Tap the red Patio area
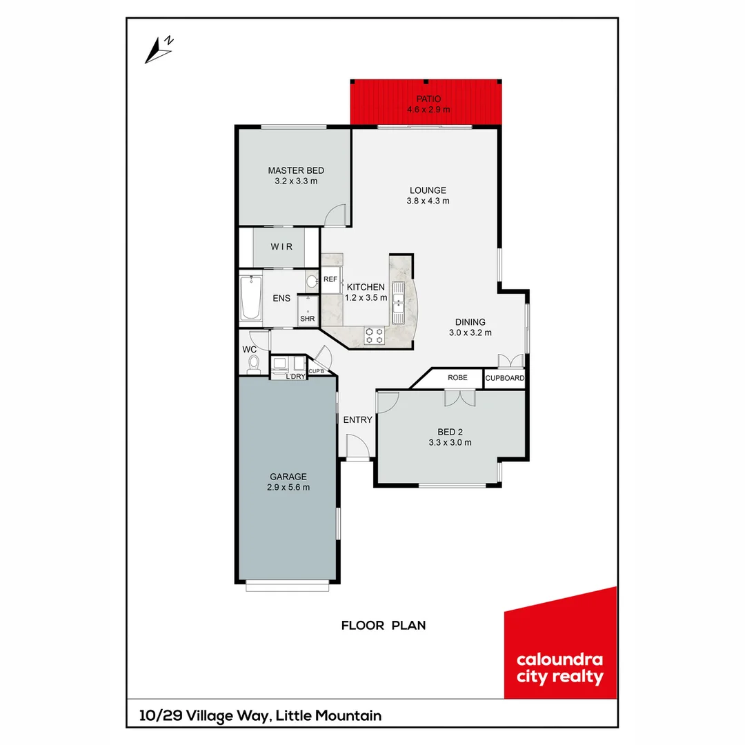pyautogui.click(x=426, y=103)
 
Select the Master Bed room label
pyautogui.click(x=295, y=170)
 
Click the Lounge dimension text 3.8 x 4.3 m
pyautogui.click(x=428, y=201)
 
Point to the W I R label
pyautogui.click(x=281, y=246)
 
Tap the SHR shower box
pyautogui.click(x=307, y=312)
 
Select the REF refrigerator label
pyautogui.click(x=330, y=279)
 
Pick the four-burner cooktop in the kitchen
pyautogui.click(x=374, y=335)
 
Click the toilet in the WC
pyautogui.click(x=254, y=363)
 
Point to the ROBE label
pyautogui.click(x=457, y=378)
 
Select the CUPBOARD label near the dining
pyautogui.click(x=505, y=379)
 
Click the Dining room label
pyautogui.click(x=470, y=322)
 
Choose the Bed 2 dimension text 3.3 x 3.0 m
pyautogui.click(x=449, y=443)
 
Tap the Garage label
pyautogui.click(x=288, y=477)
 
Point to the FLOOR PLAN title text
pyautogui.click(x=384, y=626)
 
